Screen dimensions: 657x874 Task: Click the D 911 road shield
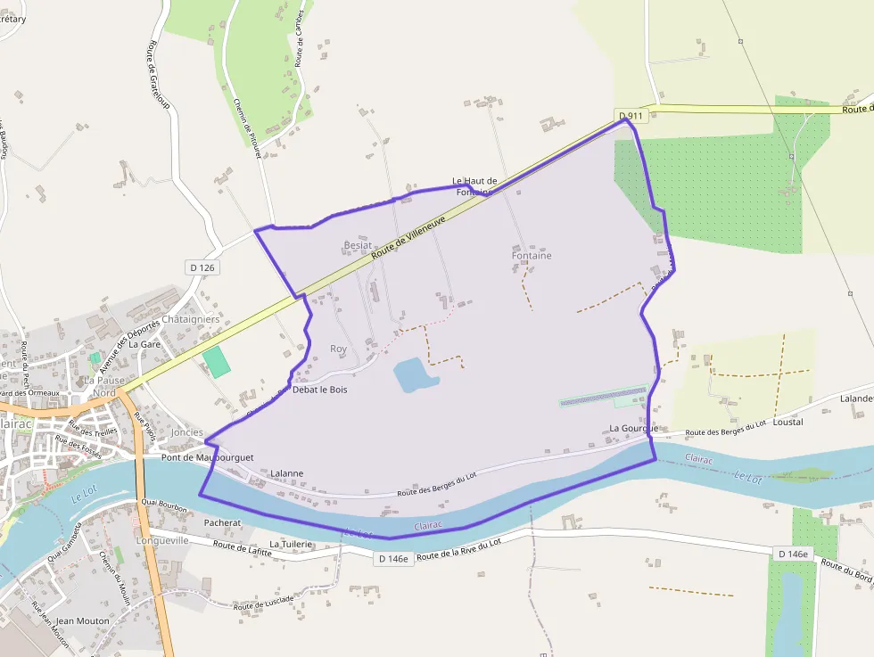[631, 115]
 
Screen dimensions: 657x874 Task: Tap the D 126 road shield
[202, 267]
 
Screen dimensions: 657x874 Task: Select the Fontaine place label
[532, 256]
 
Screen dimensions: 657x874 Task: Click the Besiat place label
[358, 245]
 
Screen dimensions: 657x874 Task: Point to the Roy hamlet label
[338, 349]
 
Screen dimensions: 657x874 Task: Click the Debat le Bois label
[319, 390]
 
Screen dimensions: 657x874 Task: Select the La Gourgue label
[633, 429]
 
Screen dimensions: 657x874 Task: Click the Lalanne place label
[287, 473]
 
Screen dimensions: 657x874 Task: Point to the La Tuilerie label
[291, 543]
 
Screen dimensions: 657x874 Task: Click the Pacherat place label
[222, 522]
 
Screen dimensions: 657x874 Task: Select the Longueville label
[162, 540]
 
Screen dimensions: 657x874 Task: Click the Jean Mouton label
[82, 620]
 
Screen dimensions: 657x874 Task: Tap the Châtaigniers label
[191, 319]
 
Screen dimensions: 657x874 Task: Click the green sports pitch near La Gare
[216, 361]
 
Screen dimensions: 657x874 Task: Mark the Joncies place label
[186, 432]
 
